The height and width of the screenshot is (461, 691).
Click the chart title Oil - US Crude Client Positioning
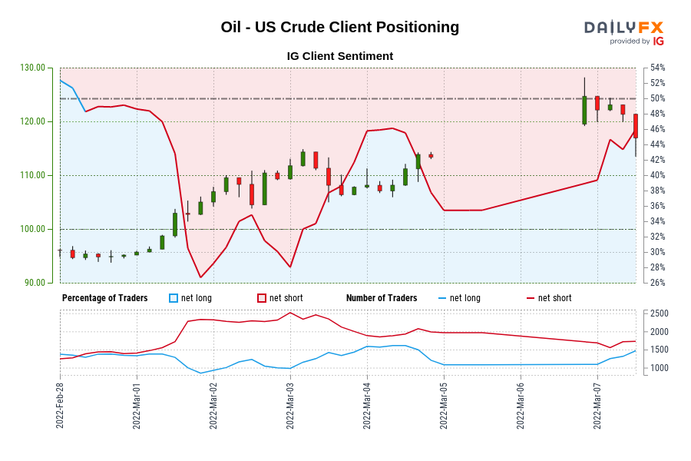339,28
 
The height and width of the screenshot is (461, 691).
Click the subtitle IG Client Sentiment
339,56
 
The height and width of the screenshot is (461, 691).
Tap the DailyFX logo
623,32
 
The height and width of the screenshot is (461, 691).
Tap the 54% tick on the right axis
657,68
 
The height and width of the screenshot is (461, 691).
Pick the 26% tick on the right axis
657,283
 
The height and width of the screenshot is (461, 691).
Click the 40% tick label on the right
657,175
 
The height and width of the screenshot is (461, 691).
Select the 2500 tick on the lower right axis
660,313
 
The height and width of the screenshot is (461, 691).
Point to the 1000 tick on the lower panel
660,368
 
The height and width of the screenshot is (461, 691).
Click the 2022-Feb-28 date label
60,403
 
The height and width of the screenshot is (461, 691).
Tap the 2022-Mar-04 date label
367,403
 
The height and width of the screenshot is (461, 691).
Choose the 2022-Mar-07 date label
597,403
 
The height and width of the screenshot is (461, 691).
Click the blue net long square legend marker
174,298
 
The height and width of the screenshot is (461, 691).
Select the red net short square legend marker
261,298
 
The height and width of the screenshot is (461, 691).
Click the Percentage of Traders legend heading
105,298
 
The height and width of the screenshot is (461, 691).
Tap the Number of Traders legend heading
382,298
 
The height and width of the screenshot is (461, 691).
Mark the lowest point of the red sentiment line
200,277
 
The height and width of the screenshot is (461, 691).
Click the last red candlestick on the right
636,127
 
